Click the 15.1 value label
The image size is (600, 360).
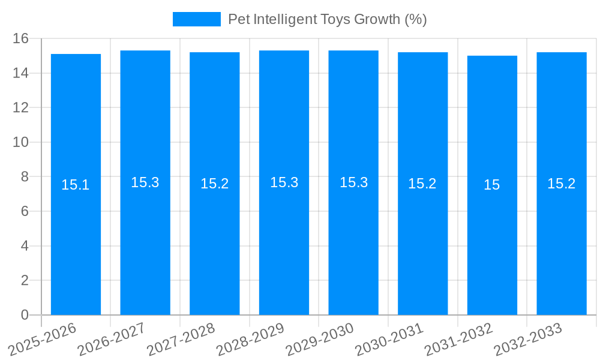coord(76,185)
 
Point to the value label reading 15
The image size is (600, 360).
coord(492,185)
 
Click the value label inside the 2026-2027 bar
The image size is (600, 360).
coord(145,182)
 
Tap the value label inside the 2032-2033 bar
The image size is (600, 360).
coord(562,184)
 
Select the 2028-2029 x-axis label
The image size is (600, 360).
coord(250,339)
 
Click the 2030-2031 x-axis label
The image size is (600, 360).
coord(389,339)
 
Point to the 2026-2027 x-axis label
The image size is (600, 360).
coord(112,339)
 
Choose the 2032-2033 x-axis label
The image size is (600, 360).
coord(528,339)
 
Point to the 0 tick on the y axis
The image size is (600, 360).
coord(25,315)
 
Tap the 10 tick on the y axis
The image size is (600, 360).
coord(21,142)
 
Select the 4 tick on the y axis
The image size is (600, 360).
coord(25,246)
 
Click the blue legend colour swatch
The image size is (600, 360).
coord(196,19)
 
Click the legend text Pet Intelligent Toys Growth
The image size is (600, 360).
coord(327,19)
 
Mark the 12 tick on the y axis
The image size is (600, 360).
coord(21,108)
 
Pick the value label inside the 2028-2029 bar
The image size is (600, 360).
coord(284,182)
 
